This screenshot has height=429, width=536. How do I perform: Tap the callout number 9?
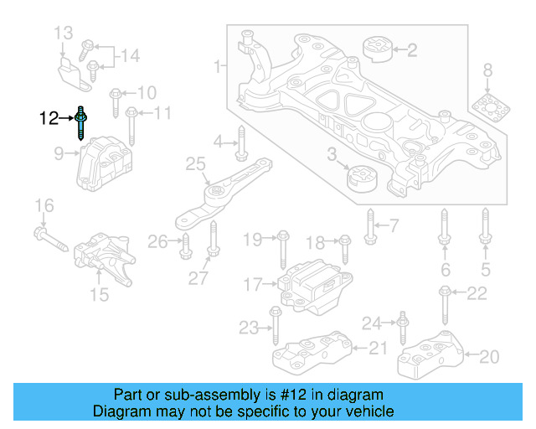point(59,153)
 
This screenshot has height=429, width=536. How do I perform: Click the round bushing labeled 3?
point(363,178)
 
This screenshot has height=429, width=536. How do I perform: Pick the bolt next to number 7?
point(369,224)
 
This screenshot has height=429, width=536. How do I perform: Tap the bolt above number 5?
point(485,229)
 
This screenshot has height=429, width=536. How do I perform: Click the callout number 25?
point(195,166)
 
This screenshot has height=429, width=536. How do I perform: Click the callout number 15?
point(100,294)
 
